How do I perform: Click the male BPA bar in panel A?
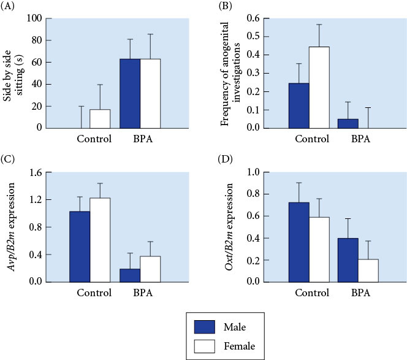coord(130,93)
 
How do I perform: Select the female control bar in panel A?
coord(100,119)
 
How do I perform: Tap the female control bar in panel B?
coord(319,88)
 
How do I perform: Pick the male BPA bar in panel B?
coord(348,124)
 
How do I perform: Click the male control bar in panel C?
coord(80,247)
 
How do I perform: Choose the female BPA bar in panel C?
coord(150,269)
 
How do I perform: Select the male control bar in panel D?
coord(299,242)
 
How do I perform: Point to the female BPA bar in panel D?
coord(368,270)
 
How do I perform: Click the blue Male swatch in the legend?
coord(205,327)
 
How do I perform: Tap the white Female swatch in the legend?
coord(205,347)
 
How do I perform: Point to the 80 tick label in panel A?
coord(37,40)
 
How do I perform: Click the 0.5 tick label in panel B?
coord(253,36)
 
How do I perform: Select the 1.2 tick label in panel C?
coord(36,199)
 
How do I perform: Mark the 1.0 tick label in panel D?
coord(253,172)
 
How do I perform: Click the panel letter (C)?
coord(7,159)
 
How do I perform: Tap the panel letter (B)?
coord(226,6)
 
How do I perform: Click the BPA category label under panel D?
coord(360,293)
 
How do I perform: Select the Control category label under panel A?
coord(94,139)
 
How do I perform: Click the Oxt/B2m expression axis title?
coord(229,227)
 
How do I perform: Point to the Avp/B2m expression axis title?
coord(11,227)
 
